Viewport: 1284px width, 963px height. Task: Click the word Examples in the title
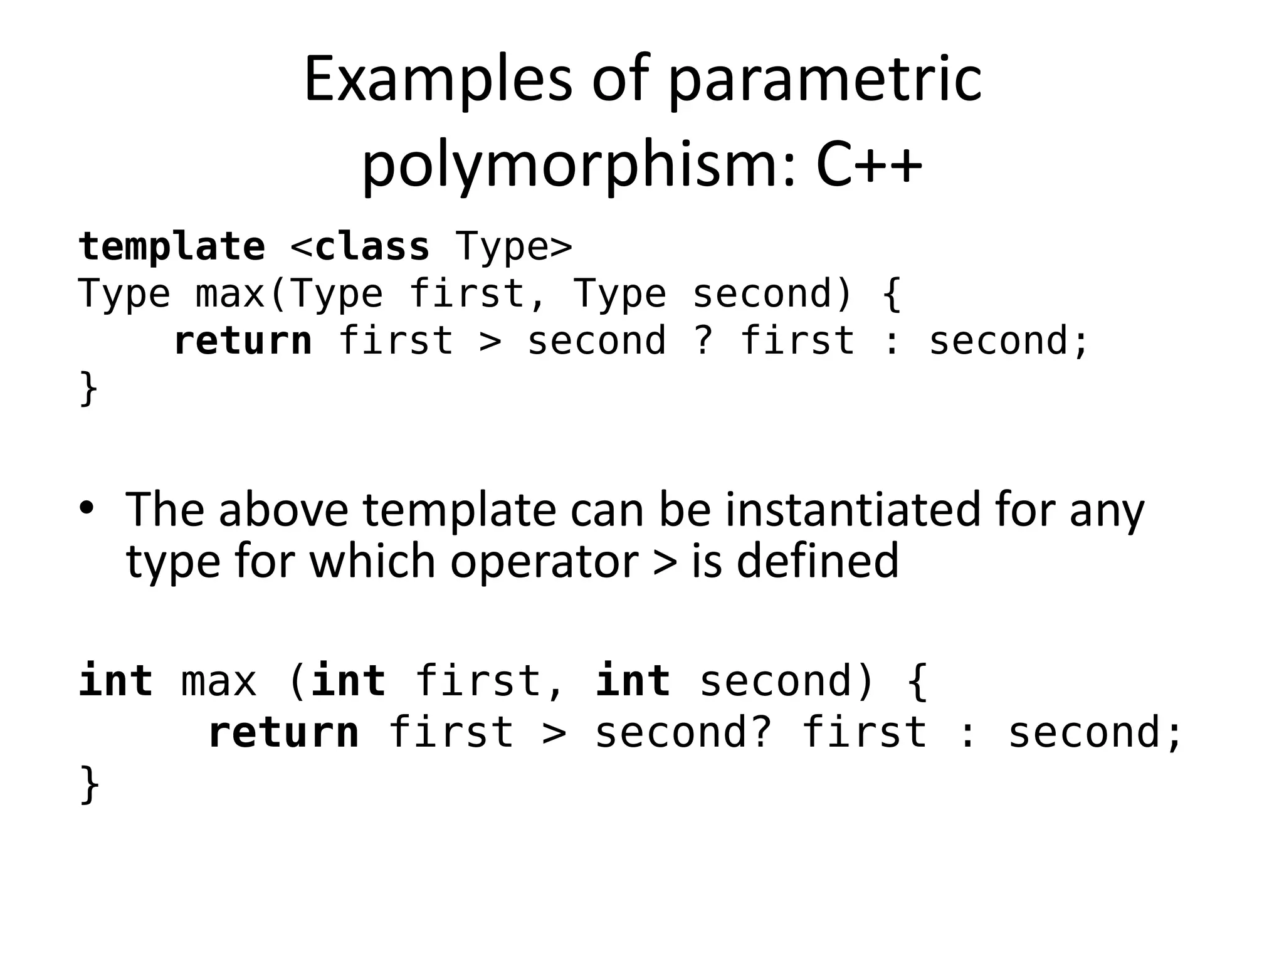click(438, 80)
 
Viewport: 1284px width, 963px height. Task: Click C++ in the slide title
click(869, 165)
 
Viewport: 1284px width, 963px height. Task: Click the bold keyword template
click(172, 246)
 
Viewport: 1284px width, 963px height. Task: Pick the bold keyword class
click(372, 246)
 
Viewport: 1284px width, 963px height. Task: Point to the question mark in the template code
click(703, 341)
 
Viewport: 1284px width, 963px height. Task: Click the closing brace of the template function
click(88, 389)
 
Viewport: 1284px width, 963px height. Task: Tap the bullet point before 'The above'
click(87, 508)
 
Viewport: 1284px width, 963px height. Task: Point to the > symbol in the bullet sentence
click(665, 562)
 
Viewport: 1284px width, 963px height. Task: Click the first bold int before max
click(116, 681)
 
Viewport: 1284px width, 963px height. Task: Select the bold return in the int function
click(283, 732)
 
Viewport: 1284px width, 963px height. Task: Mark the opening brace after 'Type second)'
click(892, 294)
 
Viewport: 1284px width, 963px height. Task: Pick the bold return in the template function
click(243, 341)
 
